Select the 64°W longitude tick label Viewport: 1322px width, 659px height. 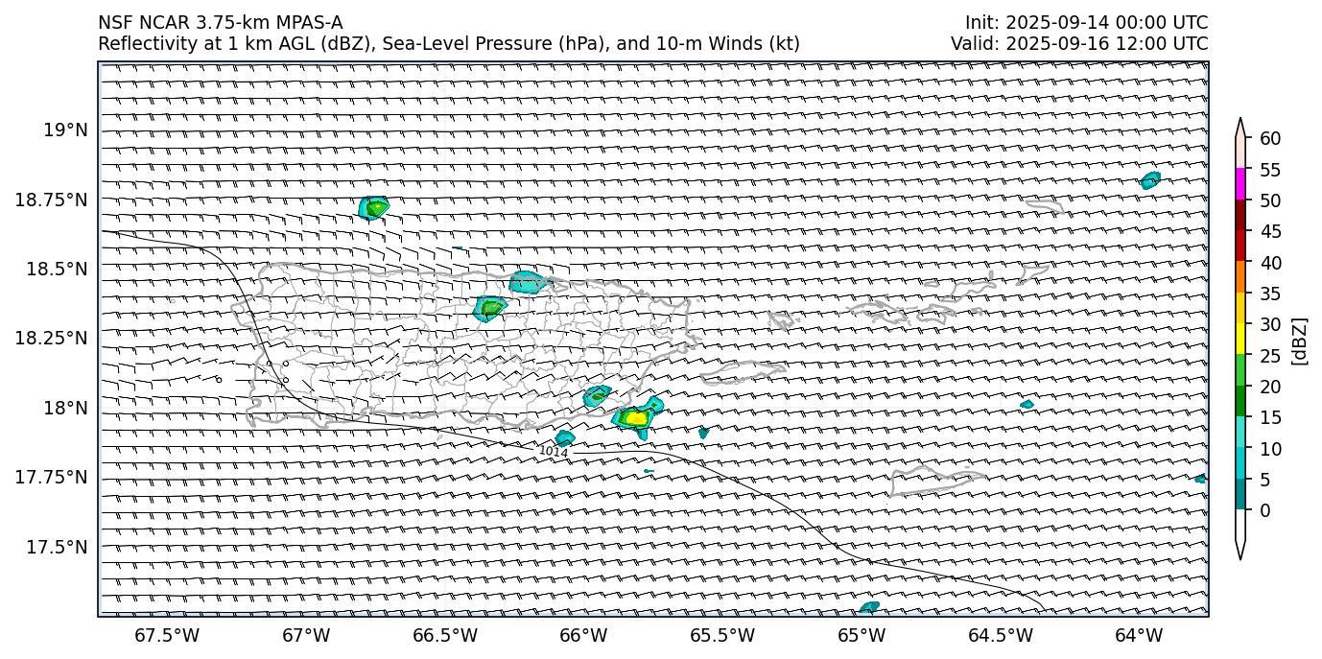(1139, 635)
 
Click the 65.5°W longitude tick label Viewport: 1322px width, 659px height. (722, 635)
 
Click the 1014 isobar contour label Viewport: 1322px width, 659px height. (554, 451)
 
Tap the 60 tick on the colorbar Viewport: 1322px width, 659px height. (1270, 138)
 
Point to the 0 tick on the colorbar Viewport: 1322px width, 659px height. (1264, 510)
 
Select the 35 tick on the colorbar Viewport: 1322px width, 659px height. (1270, 294)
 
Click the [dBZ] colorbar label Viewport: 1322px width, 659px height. (1300, 341)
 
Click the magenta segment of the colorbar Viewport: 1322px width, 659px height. (1239, 184)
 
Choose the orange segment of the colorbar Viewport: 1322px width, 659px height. (1239, 277)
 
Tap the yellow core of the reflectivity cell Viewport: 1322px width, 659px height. (634, 418)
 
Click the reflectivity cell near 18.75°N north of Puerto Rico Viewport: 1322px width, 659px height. (373, 206)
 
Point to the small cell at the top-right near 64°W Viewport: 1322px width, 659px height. (1150, 179)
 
